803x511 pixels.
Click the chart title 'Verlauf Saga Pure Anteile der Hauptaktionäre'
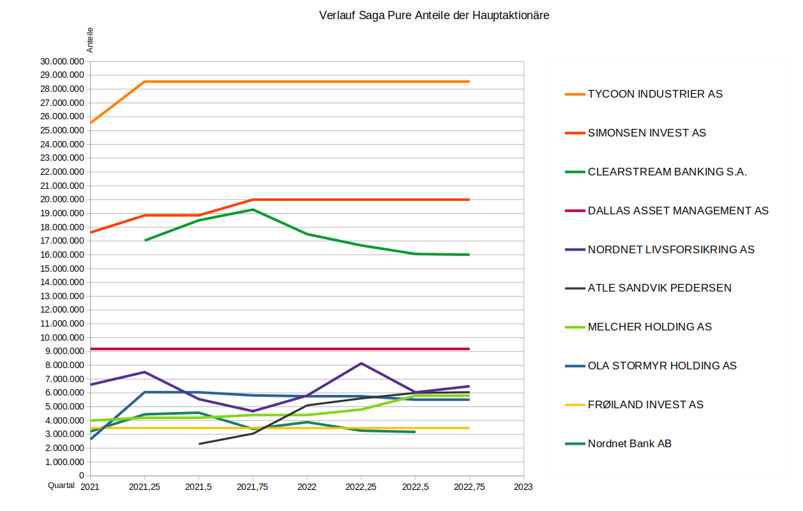434,15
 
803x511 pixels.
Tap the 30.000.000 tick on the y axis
62,62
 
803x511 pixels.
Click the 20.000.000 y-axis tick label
62,200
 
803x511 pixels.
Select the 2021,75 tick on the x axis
253,486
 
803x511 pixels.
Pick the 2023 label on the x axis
523,486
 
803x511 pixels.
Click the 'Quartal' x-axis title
61,485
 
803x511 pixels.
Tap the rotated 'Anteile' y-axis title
91,40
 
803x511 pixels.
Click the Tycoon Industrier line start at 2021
91,122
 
